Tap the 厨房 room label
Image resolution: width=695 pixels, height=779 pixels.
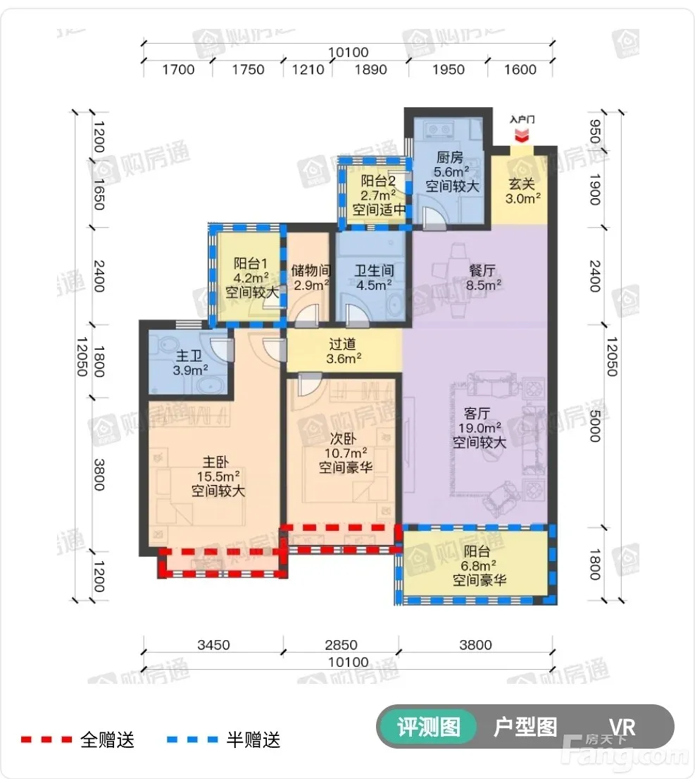[x=450, y=157]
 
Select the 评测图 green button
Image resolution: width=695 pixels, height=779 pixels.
[x=428, y=727]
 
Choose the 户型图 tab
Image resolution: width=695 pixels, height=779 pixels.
[x=525, y=727]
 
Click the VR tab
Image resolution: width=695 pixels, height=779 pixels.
[x=622, y=728]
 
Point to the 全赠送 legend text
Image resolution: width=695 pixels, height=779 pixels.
[x=108, y=740]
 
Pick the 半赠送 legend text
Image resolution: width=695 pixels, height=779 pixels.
[x=253, y=740]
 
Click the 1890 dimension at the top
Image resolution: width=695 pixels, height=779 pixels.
[x=370, y=70]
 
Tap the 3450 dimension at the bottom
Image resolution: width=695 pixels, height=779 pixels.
[x=213, y=645]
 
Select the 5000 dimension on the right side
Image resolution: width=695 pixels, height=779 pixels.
[x=595, y=426]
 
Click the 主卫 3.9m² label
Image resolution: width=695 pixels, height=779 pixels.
[x=190, y=362]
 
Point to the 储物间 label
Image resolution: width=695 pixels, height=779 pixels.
[x=311, y=270]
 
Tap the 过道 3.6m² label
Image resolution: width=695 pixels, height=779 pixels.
[x=344, y=351]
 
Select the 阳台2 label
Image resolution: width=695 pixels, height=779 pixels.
[x=378, y=180]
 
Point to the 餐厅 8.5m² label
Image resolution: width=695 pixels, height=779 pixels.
[x=483, y=278]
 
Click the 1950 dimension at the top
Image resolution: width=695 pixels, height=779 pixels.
[x=449, y=70]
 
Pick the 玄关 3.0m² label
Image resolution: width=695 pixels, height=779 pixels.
[x=523, y=191]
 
